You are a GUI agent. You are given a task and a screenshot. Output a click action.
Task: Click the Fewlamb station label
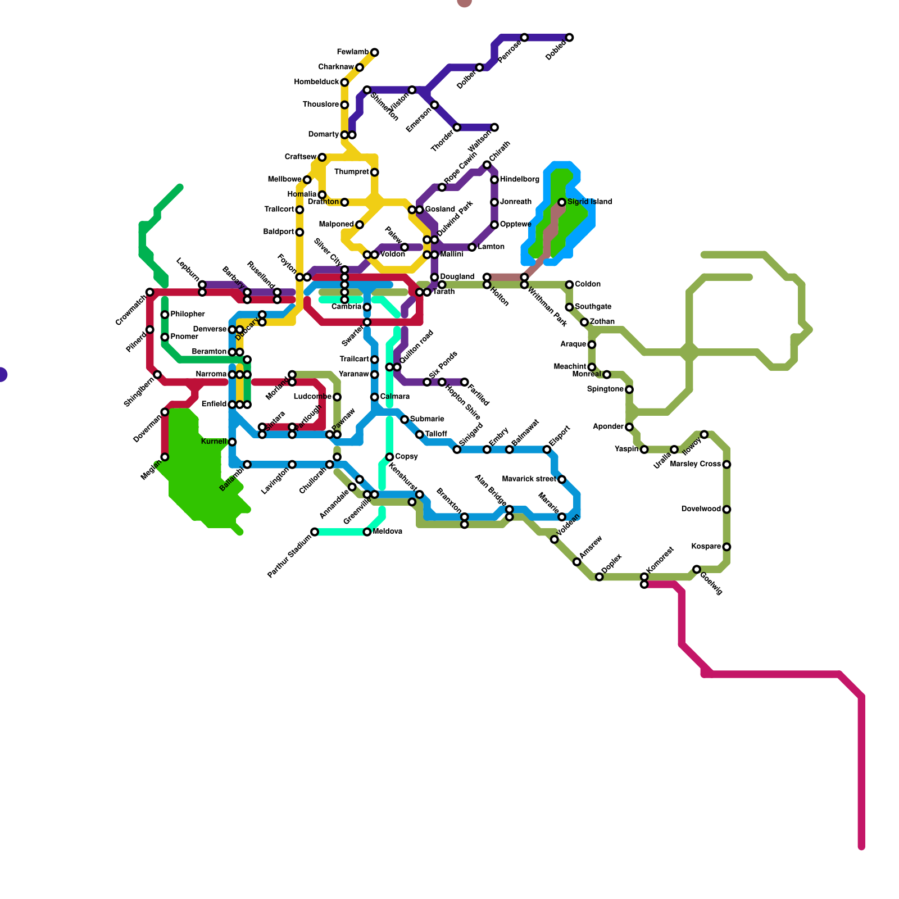pyautogui.click(x=353, y=52)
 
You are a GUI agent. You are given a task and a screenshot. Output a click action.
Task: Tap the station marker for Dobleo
pyautogui.click(x=569, y=38)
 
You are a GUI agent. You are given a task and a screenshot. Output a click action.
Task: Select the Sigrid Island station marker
pyautogui.click(x=561, y=202)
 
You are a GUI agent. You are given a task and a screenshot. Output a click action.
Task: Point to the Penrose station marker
pyautogui.click(x=524, y=38)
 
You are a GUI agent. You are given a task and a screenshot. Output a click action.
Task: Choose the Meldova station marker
pyautogui.click(x=367, y=532)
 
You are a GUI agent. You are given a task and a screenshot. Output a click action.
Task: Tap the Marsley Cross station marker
pyautogui.click(x=727, y=465)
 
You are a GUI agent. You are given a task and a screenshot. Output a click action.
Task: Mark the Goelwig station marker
pyautogui.click(x=696, y=570)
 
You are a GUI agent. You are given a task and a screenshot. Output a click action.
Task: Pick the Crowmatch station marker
pyautogui.click(x=150, y=292)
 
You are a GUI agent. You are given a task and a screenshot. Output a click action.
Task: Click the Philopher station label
pyautogui.click(x=188, y=315)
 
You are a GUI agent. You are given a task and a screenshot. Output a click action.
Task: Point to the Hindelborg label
pyautogui.click(x=519, y=180)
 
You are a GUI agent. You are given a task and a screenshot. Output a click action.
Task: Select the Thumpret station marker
pyautogui.click(x=374, y=172)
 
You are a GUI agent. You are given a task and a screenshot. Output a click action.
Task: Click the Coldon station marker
pyautogui.click(x=569, y=285)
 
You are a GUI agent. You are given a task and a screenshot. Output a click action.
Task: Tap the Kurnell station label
pyautogui.click(x=214, y=442)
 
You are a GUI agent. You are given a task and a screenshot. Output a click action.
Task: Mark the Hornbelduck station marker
pyautogui.click(x=344, y=83)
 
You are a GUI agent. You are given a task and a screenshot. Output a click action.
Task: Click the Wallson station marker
pyautogui.click(x=494, y=128)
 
